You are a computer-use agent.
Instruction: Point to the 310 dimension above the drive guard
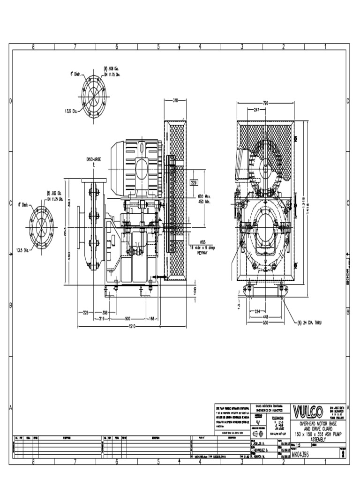point(175,100)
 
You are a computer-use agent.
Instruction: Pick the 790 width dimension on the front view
point(265,103)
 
